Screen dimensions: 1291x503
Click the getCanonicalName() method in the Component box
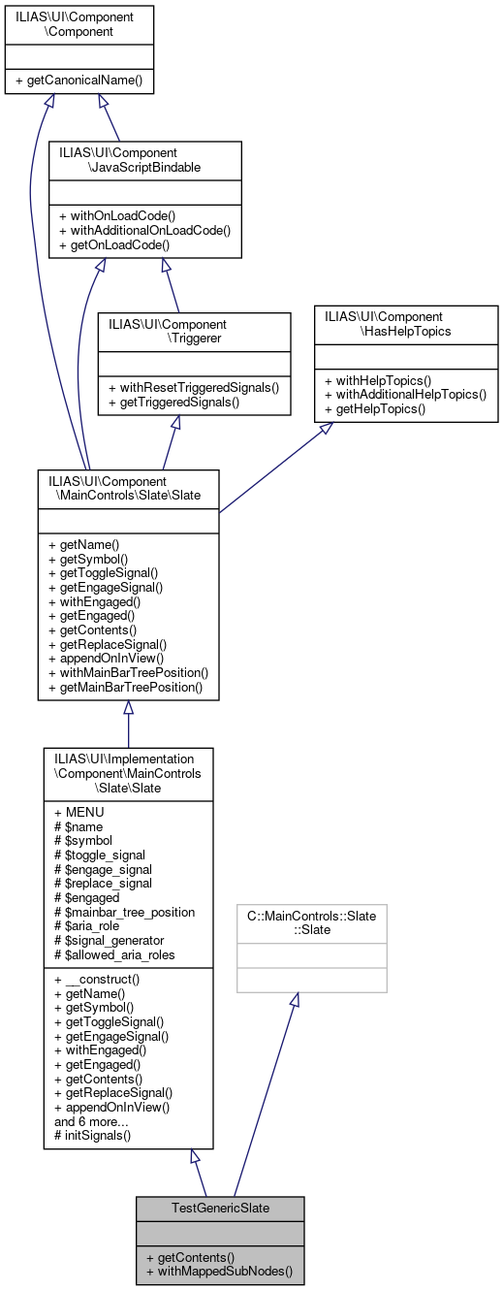[79, 81]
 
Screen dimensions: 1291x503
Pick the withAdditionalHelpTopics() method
[405, 395]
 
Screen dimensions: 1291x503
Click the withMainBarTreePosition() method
[128, 672]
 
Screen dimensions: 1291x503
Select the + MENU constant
[79, 812]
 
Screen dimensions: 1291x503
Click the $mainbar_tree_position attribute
[124, 912]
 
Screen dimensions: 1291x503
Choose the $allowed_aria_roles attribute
[114, 955]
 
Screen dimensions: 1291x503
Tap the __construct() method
[97, 979]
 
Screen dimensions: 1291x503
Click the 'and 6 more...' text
[93, 1120]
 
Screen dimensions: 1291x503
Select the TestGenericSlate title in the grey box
[220, 1209]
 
